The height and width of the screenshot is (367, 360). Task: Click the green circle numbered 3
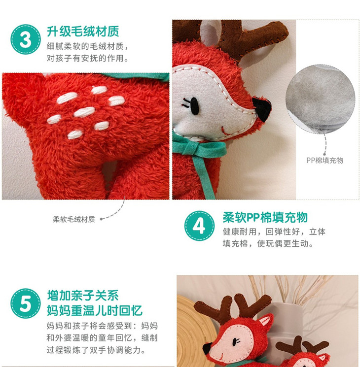coord(26,39)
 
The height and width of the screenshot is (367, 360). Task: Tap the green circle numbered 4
coord(199,226)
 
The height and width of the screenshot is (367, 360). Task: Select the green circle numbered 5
coord(26,303)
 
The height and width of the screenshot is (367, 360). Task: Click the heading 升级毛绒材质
coord(83,32)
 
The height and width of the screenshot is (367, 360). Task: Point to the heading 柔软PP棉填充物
coord(265,217)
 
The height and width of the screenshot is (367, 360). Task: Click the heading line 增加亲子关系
coord(83,296)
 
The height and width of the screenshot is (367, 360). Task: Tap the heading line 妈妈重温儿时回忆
coord(95,310)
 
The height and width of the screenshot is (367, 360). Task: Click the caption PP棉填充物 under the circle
coord(325,161)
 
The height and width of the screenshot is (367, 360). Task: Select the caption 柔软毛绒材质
coord(74,219)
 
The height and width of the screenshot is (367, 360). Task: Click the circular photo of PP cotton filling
coord(320,99)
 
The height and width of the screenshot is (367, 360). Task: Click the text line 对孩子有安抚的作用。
coord(88,58)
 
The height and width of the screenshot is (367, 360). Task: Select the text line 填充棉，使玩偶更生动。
coord(268,244)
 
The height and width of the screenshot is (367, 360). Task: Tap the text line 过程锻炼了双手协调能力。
coord(96,350)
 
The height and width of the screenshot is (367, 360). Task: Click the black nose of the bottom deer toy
coord(207,349)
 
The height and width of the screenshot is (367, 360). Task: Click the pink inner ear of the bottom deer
coord(265,320)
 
